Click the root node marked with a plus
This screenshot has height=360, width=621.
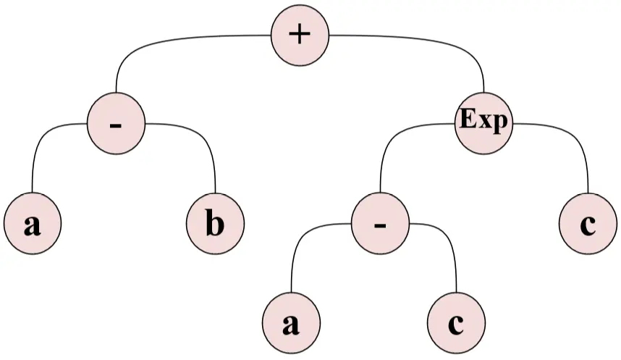[300, 35]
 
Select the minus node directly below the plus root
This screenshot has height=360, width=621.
[116, 125]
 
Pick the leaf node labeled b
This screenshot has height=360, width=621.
[216, 225]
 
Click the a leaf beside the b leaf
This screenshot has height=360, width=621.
[32, 225]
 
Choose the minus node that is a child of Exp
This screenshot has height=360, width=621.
[380, 225]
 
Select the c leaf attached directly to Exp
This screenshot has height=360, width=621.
[588, 225]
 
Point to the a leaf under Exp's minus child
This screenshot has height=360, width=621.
[291, 325]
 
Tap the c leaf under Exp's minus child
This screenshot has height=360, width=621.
[456, 325]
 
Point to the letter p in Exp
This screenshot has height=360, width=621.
[500, 123]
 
